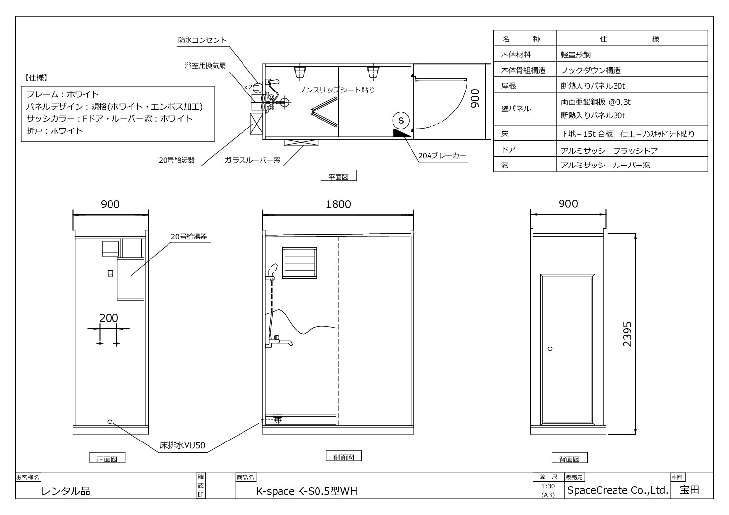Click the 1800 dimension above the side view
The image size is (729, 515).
[x=338, y=204]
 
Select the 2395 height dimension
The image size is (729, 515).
[x=627, y=334]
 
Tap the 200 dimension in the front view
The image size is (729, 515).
[x=109, y=318]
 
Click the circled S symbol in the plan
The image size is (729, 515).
[x=401, y=120]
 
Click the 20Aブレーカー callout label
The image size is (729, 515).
[x=442, y=156]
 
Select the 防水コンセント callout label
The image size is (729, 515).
[x=202, y=40]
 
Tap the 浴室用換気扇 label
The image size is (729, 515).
[x=205, y=66]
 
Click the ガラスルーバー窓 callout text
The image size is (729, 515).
[x=253, y=160]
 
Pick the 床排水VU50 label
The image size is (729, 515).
[x=182, y=445]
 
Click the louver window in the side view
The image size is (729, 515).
[x=299, y=263]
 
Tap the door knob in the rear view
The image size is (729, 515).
[x=550, y=349]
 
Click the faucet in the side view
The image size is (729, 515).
[x=279, y=342]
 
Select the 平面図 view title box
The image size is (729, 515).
[x=338, y=176]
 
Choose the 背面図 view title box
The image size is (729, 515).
[x=570, y=458]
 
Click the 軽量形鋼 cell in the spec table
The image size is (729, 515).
[x=576, y=55]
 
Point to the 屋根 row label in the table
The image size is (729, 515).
[x=508, y=86]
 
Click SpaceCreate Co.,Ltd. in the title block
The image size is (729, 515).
[x=617, y=490]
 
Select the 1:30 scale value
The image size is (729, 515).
[x=548, y=486]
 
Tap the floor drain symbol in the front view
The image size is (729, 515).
[x=110, y=422]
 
